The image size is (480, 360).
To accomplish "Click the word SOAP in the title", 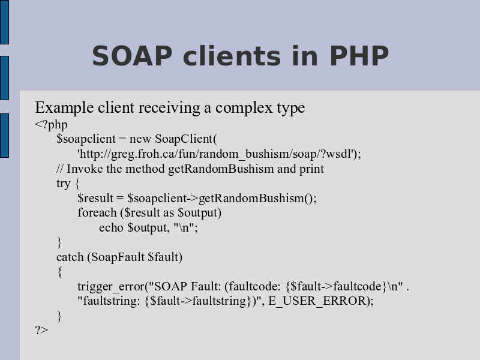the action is tap(132, 55).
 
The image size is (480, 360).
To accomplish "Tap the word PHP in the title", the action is tap(359, 55).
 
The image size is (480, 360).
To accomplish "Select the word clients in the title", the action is tap(232, 55).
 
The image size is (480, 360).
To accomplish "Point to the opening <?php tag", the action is tap(51, 125).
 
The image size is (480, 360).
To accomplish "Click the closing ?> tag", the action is tap(41, 329).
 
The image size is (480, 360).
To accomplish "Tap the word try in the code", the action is tap(64, 184).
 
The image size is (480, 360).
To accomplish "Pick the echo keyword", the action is tap(111, 228).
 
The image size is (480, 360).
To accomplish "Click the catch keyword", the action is tap(70, 257).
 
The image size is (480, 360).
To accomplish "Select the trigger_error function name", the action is tap(111, 287).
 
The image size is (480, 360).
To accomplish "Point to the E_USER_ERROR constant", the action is tap(317, 301).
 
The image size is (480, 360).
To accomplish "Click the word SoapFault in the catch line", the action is tap(118, 257).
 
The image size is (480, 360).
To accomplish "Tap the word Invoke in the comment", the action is tap(85, 169).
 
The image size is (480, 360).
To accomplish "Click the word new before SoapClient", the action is tap(140, 139).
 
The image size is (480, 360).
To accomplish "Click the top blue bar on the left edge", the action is tap(4, 22).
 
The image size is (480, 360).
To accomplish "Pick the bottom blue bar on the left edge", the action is tap(4, 136).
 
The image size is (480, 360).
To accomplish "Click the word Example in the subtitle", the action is tap(64, 108).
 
